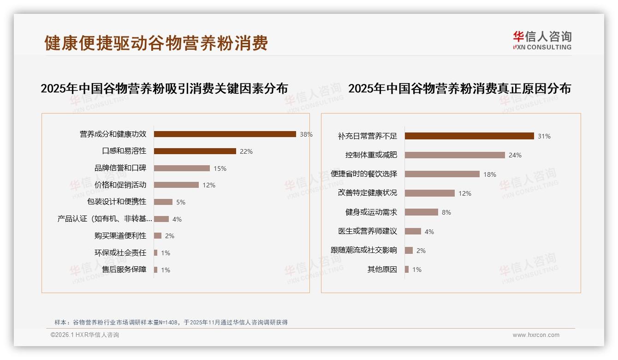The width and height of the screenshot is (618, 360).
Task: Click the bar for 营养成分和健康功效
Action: pos(225,134)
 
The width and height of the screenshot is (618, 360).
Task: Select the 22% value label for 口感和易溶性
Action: pos(245,151)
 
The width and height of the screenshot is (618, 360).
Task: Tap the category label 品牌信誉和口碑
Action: pos(120,168)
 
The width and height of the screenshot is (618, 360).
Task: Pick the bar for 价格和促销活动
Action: pos(176,185)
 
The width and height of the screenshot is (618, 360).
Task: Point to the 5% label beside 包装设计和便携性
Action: pos(180,202)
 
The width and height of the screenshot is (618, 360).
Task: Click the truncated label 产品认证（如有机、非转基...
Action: pos(105,219)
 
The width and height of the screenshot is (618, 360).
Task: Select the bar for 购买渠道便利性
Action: pos(158,236)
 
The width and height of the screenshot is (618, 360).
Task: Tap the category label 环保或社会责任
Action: pos(120,252)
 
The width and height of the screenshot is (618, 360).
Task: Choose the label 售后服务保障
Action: pos(124,270)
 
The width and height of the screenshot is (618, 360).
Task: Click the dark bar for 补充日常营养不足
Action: pos(469,136)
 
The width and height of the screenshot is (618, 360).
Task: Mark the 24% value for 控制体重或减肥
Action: pos(515,155)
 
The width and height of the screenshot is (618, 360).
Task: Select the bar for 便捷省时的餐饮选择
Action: pos(442,174)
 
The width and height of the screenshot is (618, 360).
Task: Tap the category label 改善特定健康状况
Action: pos(368,193)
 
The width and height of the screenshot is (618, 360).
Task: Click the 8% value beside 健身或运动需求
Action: pos(446,212)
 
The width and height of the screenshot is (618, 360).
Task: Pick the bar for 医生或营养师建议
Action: pos(413,231)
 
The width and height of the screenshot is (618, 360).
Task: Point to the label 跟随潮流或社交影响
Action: pos(364,250)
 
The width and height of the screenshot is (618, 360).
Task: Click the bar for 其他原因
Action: pos(407,270)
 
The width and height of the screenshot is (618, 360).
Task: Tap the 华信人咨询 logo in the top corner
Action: pos(542,40)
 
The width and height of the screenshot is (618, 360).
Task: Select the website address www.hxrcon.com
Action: pos(536,335)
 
